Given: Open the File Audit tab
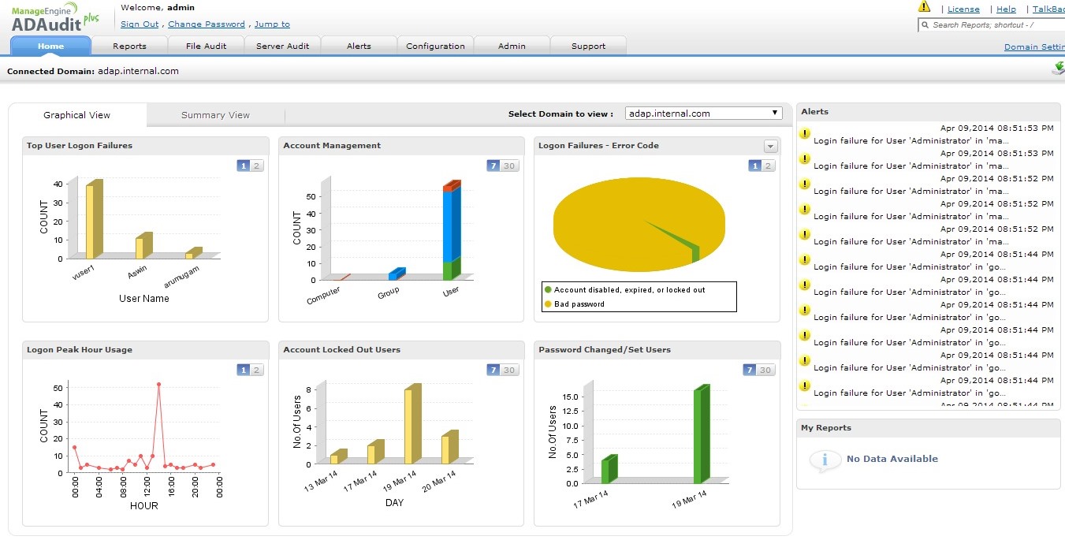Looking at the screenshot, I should pos(206,46).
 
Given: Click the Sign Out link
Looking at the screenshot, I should pos(140,24).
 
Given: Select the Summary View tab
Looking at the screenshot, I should pos(215,115).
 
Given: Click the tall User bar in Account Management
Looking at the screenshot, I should pos(448,229).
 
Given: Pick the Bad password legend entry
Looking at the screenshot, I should pos(579,304).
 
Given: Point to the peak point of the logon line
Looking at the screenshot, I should pos(158,385).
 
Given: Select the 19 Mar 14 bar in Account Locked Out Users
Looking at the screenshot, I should pos(408,426).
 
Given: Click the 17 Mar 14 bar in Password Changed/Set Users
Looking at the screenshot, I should pos(605,470).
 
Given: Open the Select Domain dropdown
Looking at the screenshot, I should pos(703,114).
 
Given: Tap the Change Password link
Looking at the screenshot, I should pos(207,24).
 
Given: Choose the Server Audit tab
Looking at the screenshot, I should pos(282,46).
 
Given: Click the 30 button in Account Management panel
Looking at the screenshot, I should pos(509,166).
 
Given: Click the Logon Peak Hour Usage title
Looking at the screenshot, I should pos(80,350).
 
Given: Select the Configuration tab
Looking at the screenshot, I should pos(435,46).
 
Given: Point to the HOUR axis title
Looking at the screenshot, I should pos(143,505).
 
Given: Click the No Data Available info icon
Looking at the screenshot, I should pos(825,460).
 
